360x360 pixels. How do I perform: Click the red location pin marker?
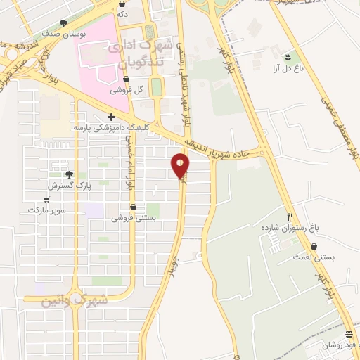(x=181, y=166)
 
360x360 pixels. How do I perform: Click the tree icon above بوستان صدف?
(x=64, y=22)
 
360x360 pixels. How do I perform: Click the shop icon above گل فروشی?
(x=126, y=79)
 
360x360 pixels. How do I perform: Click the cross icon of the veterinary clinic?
(x=111, y=117)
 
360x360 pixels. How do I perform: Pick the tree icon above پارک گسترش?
(x=69, y=175)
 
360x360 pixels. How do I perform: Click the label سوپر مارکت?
(x=46, y=210)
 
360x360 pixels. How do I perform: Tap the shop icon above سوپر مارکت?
(x=46, y=199)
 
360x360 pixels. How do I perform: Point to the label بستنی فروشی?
(x=132, y=218)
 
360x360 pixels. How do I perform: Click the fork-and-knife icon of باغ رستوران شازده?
(x=290, y=217)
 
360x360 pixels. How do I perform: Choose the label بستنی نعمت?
(x=315, y=257)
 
